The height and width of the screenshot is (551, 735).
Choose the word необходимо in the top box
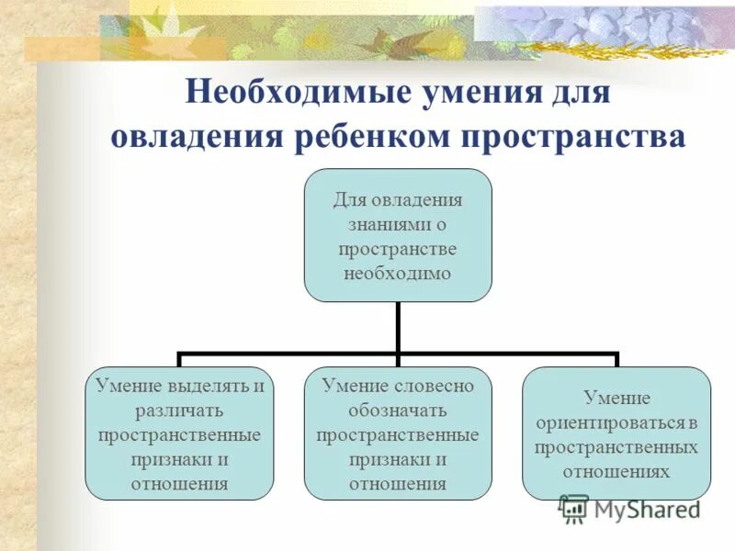[398, 273]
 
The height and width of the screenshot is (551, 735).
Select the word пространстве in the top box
[398, 248]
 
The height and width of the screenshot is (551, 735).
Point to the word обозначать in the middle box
[398, 410]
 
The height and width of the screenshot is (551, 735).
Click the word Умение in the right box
[616, 398]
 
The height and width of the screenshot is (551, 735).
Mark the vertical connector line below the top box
[398, 326]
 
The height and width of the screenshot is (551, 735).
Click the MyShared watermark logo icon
[573, 508]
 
